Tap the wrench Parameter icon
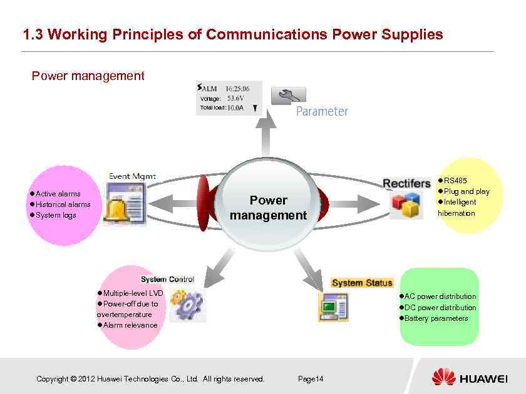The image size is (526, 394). (288, 96)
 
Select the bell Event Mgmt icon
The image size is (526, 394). (123, 206)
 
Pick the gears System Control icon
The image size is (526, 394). (187, 305)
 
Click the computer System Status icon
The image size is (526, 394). (333, 306)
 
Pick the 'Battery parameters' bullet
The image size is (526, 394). (436, 318)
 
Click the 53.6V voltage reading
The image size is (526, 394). (236, 98)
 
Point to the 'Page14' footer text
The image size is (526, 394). (311, 379)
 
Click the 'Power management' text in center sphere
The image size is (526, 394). (268, 208)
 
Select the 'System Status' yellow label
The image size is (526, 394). (362, 283)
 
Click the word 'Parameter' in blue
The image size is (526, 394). (322, 112)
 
